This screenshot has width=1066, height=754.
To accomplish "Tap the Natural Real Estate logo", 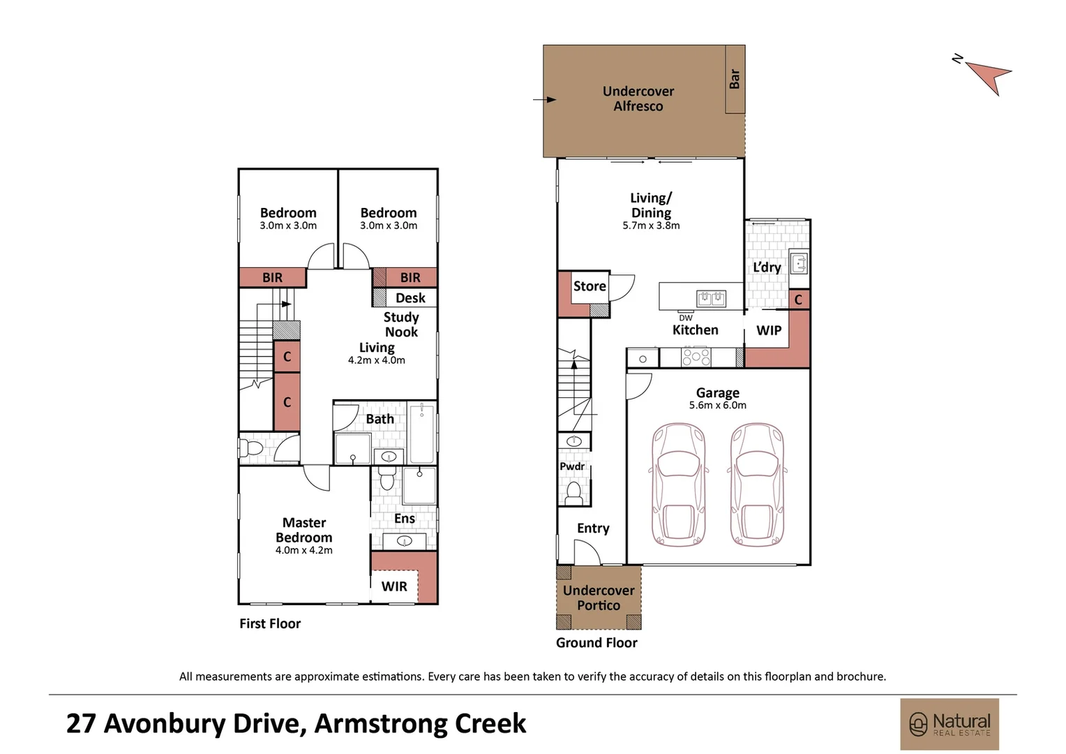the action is [949, 724].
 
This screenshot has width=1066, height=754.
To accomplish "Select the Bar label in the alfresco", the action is [735, 78].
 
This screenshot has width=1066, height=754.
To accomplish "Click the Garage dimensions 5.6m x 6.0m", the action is [717, 405].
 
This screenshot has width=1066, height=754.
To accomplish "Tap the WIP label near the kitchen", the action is [769, 330].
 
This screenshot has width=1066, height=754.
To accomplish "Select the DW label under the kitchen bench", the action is [686, 318].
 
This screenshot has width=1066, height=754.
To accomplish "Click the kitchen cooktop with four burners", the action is [696, 357].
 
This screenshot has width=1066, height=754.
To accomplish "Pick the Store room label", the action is [590, 286].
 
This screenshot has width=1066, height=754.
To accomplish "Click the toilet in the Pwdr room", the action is [573, 493].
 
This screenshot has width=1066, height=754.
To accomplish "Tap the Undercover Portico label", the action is [599, 598].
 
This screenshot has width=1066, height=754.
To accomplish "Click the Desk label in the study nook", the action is [410, 298].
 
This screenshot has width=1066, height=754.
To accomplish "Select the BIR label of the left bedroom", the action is [273, 278].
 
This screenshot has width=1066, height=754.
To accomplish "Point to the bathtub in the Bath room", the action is [421, 434].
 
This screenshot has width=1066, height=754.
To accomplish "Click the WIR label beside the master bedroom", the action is [394, 586].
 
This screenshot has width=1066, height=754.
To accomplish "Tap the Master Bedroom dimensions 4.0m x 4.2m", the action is [303, 550].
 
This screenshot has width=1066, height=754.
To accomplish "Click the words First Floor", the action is [270, 623].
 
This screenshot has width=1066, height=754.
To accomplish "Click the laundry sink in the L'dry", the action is [798, 263].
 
